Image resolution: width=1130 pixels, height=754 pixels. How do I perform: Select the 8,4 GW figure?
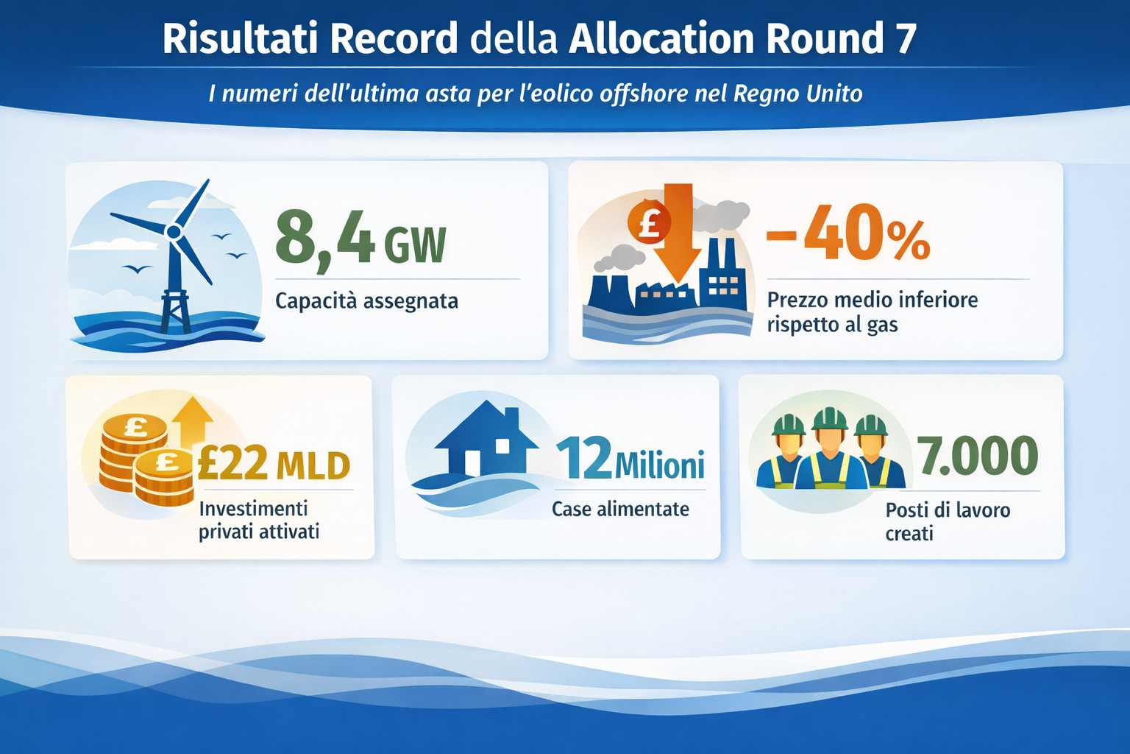(x=360, y=237)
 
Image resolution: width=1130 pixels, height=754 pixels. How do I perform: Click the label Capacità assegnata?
(x=366, y=300)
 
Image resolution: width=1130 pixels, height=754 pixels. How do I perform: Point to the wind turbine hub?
(x=174, y=232)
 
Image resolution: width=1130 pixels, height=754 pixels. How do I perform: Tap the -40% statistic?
(x=848, y=236)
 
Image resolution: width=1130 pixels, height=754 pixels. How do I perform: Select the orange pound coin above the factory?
(x=648, y=222)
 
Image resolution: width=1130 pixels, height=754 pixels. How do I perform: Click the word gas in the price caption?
(x=882, y=325)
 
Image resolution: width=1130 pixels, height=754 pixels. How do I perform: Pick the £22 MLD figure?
(x=274, y=465)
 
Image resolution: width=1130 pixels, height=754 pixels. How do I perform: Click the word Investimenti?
(x=253, y=508)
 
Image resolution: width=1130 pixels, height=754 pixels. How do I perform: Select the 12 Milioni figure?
(x=630, y=459)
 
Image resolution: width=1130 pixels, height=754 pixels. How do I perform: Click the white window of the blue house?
(x=502, y=445)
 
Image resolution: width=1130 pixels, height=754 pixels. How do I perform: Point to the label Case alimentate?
(x=620, y=509)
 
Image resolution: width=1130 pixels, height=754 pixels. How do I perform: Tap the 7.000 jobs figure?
(x=977, y=456)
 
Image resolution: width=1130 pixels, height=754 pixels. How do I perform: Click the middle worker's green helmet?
(x=830, y=417)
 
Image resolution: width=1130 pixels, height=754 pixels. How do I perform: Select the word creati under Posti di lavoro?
(x=909, y=533)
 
